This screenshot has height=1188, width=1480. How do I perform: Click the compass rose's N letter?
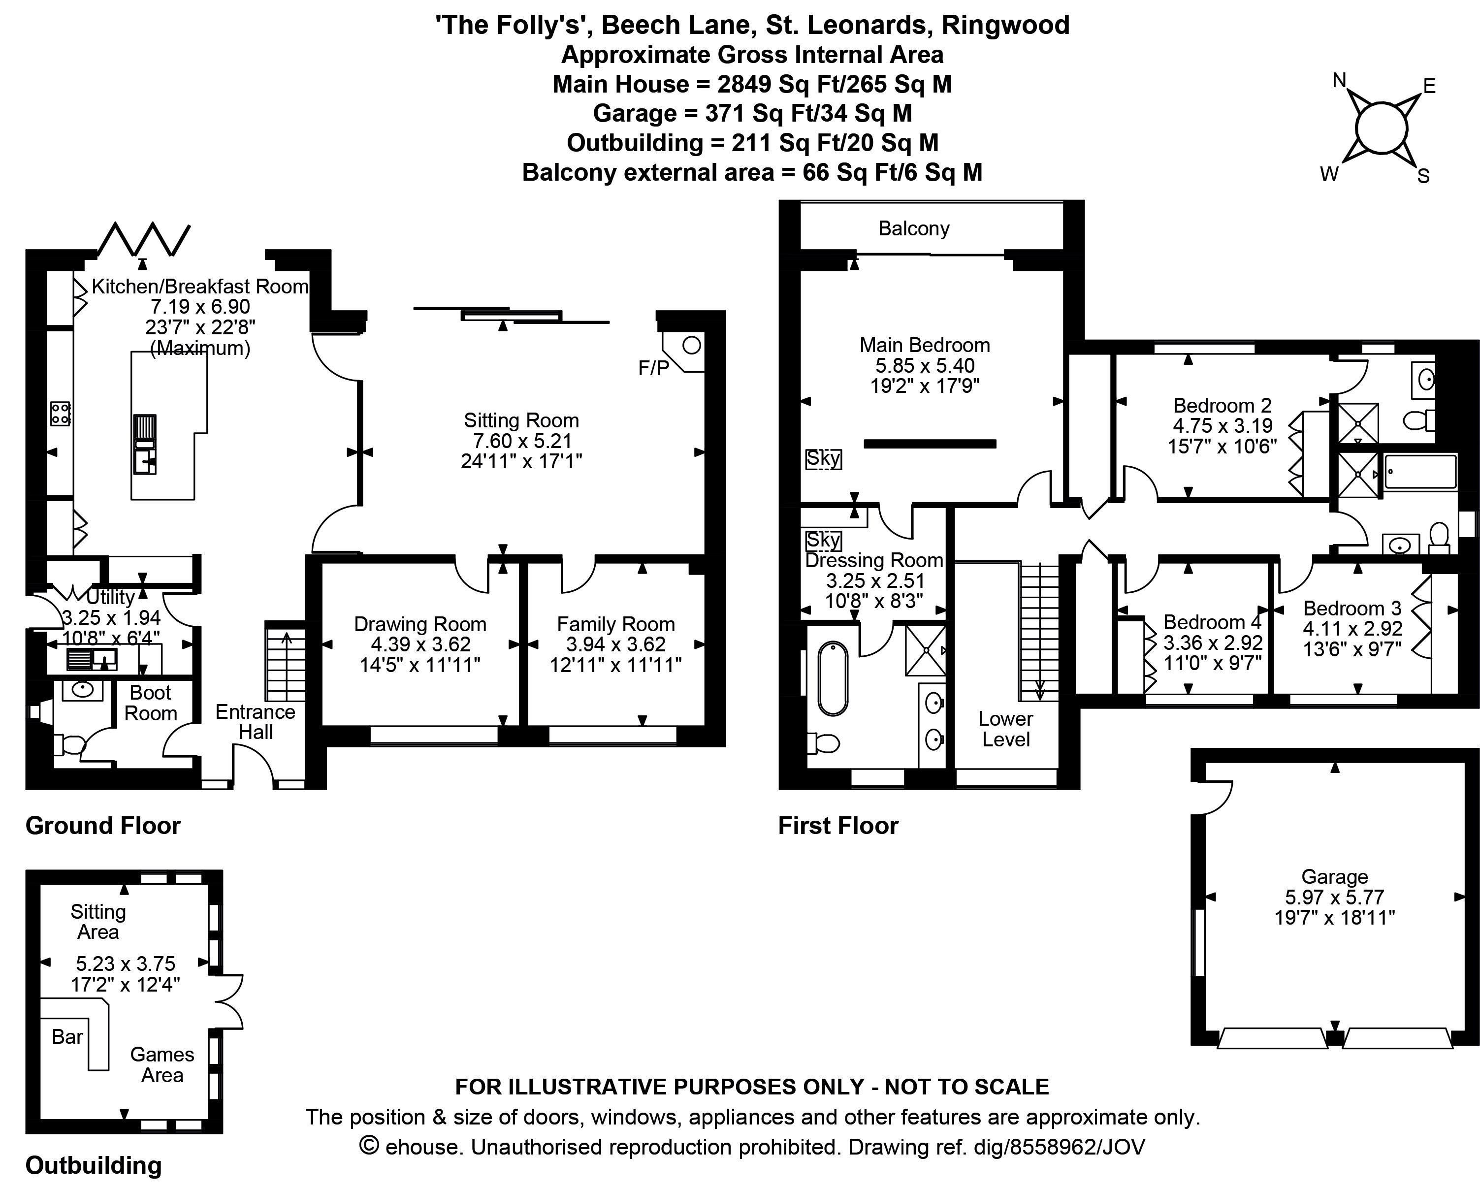(1339, 81)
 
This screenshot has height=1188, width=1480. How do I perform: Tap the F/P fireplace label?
(653, 369)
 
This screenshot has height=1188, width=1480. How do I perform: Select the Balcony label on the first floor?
(914, 228)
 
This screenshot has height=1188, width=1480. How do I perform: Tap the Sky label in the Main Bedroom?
(823, 458)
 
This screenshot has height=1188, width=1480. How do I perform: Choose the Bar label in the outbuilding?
(67, 1036)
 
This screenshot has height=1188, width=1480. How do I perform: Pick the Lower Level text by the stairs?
(1006, 729)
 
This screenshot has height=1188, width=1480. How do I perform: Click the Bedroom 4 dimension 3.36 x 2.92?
(1213, 643)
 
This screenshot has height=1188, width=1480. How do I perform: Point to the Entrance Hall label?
(256, 721)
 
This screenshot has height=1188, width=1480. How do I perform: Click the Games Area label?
(162, 1064)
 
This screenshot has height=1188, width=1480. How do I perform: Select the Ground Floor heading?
(103, 826)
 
